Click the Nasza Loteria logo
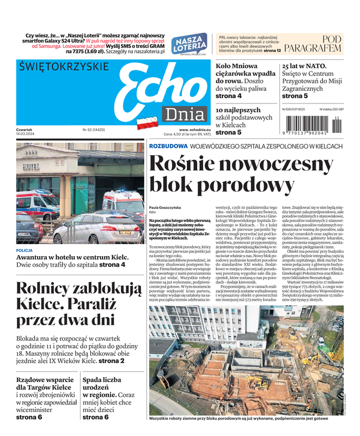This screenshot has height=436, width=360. coord(189,45)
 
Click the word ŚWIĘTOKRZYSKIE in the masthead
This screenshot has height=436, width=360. coord(64,67)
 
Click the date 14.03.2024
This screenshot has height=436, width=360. coord(26,134)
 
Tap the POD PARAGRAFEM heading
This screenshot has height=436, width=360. coord(320,44)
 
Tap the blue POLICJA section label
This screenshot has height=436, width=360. coord(25,251)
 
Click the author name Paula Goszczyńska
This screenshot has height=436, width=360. coord(165,208)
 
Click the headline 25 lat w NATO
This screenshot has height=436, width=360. coord(304,66)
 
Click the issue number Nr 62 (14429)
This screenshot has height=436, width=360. coord(93,130)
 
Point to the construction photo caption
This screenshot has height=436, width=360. coord(239,419)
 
